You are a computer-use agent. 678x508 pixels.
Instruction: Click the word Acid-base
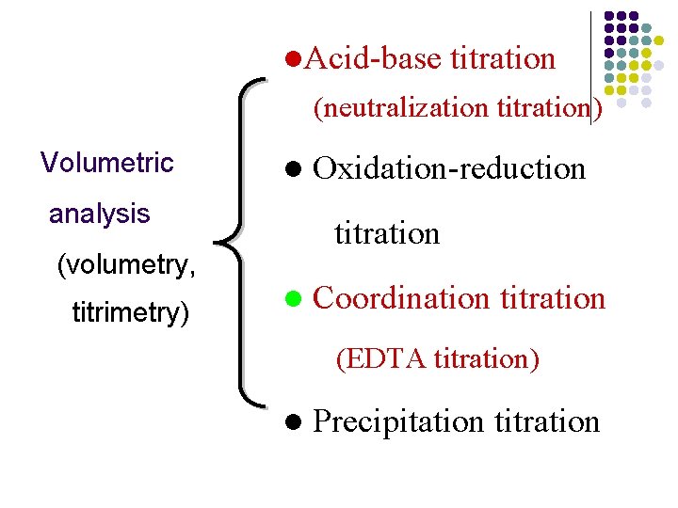coord(373,59)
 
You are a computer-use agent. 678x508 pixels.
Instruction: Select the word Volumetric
coord(107,163)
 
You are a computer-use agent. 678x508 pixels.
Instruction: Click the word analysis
coord(99,214)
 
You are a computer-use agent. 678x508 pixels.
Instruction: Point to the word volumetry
coord(126,265)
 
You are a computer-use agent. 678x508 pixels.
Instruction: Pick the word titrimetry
coord(130,312)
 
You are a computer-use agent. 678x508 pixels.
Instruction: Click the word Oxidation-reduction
coord(449,168)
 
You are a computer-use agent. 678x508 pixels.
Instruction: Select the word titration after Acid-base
coord(503,59)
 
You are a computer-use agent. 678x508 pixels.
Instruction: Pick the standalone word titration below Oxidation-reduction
coord(387,232)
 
